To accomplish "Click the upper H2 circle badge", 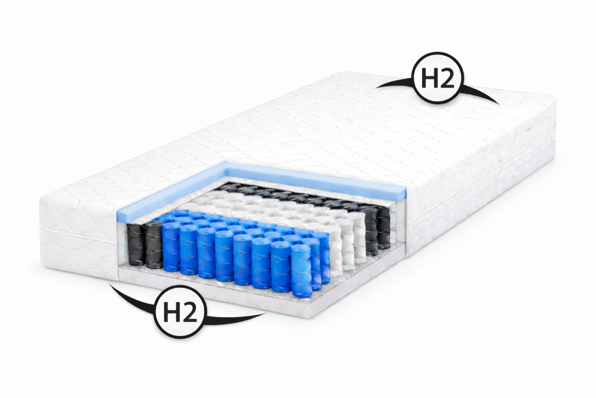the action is coord(438,78).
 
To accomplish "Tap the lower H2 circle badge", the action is coord(181,311).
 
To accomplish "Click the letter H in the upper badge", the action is coord(429,78).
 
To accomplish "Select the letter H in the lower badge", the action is coord(172,312).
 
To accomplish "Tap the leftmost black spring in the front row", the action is coord(136,244).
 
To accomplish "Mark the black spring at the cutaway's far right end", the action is coord(383,228).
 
